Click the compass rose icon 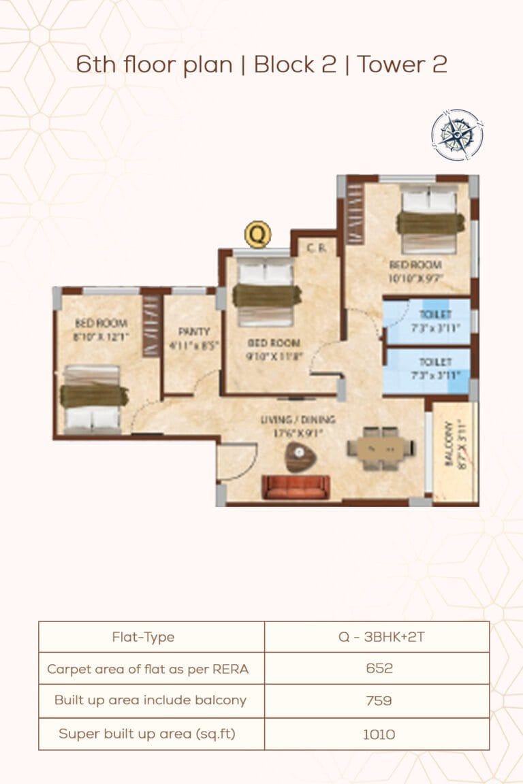(x=457, y=135)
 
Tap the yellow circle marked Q (x=257, y=235)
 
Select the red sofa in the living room (x=296, y=487)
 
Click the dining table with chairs (x=380, y=448)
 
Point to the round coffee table (x=300, y=456)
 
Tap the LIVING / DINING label (x=298, y=420)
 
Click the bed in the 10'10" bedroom (x=430, y=220)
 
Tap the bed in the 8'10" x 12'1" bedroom (x=93, y=399)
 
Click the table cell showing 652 (x=379, y=668)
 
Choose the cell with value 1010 (x=379, y=734)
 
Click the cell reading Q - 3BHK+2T (x=379, y=637)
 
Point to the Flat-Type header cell (x=143, y=637)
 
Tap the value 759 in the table (x=379, y=700)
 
